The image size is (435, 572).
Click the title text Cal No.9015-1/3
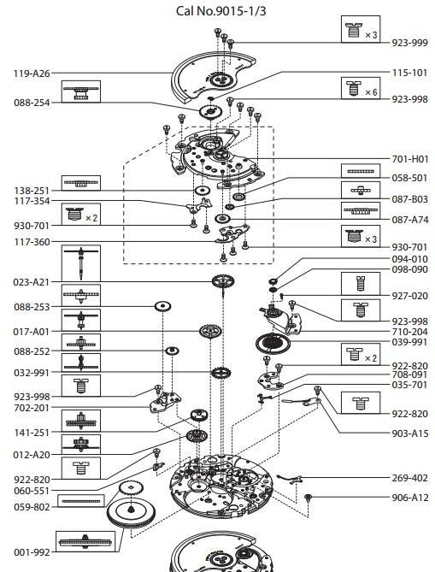217,9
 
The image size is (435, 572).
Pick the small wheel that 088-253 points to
162,306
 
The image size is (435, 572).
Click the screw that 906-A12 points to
308,498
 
